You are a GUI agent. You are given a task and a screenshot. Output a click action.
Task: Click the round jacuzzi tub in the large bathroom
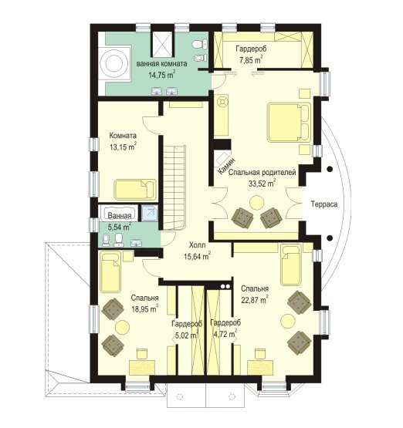(114, 63)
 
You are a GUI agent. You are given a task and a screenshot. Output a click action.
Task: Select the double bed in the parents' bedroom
(289, 123)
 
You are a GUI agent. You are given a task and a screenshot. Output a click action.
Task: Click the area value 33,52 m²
(262, 184)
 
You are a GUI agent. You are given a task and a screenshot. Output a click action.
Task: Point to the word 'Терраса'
(324, 204)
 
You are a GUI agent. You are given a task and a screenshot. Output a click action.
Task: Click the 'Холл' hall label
(198, 244)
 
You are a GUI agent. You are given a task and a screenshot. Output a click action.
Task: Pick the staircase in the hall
(174, 188)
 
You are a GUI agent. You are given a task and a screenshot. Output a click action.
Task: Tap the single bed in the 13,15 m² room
(135, 189)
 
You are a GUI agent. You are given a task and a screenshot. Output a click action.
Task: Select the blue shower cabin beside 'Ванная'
(149, 213)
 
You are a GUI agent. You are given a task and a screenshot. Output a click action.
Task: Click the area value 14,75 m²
(162, 75)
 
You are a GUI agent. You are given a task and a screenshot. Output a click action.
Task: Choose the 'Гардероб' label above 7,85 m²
(251, 49)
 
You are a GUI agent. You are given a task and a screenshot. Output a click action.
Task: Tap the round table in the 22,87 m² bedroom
(289, 321)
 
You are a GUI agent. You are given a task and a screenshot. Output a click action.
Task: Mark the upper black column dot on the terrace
(330, 169)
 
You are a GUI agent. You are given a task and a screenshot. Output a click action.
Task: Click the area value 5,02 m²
(186, 335)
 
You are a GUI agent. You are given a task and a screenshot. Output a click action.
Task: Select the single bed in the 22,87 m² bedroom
(291, 265)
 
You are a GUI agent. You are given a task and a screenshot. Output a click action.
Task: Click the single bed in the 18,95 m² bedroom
(110, 272)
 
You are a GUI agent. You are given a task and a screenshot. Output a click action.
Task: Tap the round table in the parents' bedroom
(257, 203)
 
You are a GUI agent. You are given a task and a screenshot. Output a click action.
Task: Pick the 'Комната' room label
(123, 136)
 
